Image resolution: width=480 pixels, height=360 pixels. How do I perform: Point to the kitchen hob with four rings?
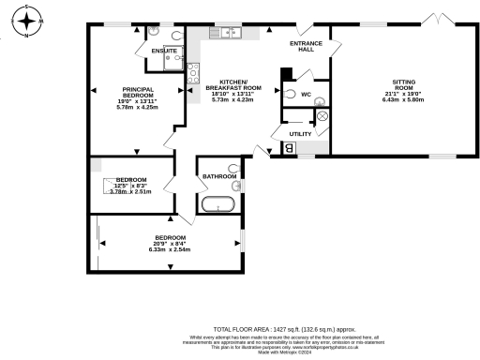(193, 73)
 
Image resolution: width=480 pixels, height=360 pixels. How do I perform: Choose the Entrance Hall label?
(307, 46)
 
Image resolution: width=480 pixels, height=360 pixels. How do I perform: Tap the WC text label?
(307, 95)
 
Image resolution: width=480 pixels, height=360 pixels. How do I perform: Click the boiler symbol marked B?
(289, 148)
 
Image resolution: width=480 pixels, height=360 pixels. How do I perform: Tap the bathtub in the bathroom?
(219, 203)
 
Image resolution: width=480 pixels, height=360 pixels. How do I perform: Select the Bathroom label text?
(217, 175)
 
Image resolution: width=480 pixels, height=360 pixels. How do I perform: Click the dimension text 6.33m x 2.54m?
(170, 249)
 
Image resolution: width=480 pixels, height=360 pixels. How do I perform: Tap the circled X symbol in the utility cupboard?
(322, 115)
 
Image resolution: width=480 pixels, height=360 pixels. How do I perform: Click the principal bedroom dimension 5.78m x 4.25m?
(138, 108)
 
